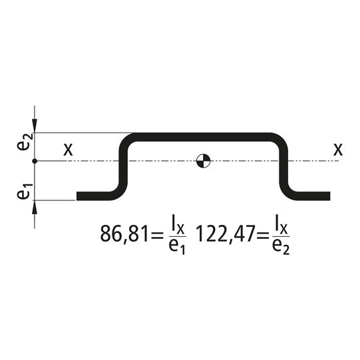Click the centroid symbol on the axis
[x=203, y=161]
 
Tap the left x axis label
[x=68, y=149]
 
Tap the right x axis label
[x=338, y=149]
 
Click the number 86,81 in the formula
[x=121, y=234]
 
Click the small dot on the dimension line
[x=35, y=161]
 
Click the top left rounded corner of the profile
[x=126, y=140]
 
